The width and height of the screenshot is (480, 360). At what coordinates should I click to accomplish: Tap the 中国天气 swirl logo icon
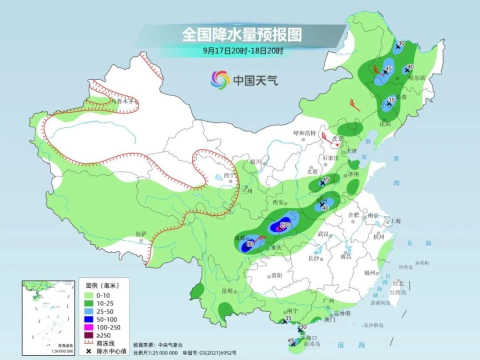[x=220, y=79]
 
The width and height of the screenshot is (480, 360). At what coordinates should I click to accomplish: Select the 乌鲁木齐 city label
[x=122, y=101]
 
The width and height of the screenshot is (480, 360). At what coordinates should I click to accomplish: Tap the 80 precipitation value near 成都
[x=250, y=243]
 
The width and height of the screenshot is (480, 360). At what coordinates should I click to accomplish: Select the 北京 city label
[x=340, y=138]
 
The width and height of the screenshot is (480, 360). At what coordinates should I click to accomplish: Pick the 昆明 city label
[x=228, y=290]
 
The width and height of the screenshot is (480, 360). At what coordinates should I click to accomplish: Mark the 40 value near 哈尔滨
[x=410, y=67]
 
